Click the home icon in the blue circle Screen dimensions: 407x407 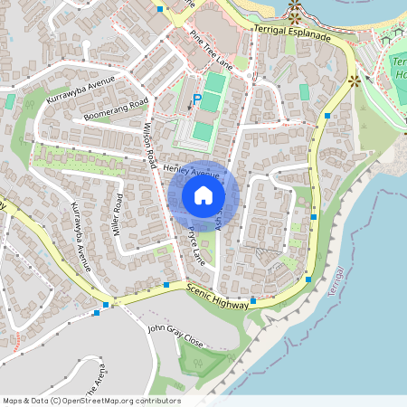pos(203,195)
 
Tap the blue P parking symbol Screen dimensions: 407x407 pos(196,99)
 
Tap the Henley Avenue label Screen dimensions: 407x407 pos(194,171)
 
